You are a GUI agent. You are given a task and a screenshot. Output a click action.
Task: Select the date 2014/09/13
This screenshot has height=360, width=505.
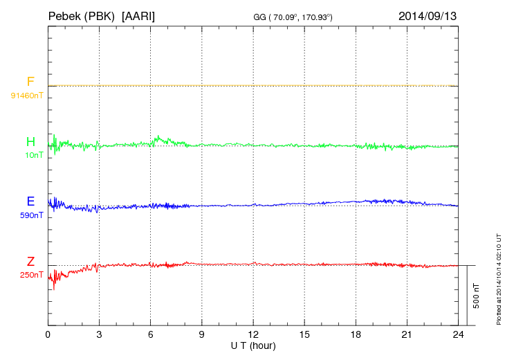click(428, 15)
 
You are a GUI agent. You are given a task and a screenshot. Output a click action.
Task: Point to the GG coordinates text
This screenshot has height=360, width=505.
click(293, 16)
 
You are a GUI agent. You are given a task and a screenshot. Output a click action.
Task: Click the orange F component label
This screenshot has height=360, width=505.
click(30, 82)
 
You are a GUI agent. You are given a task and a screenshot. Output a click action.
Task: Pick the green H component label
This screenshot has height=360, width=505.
click(30, 142)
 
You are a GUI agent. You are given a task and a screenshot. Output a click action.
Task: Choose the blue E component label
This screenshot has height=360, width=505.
click(30, 201)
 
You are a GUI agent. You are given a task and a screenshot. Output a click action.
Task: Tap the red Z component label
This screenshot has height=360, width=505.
click(30, 261)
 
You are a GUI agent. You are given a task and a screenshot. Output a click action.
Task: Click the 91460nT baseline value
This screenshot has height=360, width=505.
click(27, 95)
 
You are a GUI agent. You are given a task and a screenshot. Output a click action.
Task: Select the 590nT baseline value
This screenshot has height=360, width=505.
click(32, 215)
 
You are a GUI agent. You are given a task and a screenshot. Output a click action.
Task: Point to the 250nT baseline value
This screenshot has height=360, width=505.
click(32, 275)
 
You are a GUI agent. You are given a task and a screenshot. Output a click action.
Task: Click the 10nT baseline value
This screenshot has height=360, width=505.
click(34, 155)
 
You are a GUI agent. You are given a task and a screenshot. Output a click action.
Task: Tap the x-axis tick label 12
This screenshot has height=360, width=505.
click(253, 334)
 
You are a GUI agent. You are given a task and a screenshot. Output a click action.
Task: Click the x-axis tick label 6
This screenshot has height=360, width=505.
click(151, 334)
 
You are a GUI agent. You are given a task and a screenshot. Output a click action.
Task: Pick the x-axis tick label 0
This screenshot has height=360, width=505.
click(48, 334)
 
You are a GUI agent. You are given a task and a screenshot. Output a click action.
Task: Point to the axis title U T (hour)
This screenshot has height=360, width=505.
click(253, 345)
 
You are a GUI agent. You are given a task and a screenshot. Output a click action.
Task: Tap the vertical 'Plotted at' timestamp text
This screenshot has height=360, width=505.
click(499, 278)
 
